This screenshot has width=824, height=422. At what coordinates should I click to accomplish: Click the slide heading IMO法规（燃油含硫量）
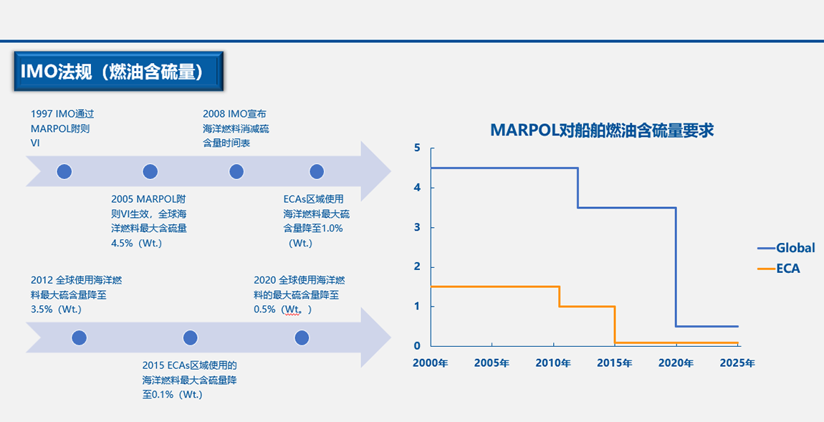(x=111, y=72)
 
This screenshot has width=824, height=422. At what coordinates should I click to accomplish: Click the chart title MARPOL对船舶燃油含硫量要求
(x=602, y=130)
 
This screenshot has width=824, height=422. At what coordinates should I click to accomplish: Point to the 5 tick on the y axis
(x=417, y=148)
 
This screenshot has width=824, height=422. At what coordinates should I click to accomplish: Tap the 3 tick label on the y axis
(x=417, y=228)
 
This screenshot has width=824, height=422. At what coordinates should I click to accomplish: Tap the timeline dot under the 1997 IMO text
(x=64, y=171)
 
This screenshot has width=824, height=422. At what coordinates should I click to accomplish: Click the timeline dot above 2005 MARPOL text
(x=150, y=171)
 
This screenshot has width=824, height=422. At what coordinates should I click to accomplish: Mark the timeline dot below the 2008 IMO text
(x=236, y=171)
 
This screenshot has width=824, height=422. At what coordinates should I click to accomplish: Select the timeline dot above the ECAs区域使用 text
(x=317, y=171)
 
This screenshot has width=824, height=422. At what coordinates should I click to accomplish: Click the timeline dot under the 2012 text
(x=79, y=338)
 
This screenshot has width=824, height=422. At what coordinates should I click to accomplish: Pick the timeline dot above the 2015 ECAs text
(x=190, y=338)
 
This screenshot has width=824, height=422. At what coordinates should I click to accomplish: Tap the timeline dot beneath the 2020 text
(x=302, y=338)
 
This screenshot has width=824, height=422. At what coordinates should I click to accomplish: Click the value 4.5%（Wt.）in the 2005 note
(x=137, y=244)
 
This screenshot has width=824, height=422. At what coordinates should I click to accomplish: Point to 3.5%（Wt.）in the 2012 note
(x=57, y=310)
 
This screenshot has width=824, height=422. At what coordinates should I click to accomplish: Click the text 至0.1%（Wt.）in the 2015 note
(x=173, y=395)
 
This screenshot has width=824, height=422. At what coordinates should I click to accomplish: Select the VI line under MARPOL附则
(x=35, y=143)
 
